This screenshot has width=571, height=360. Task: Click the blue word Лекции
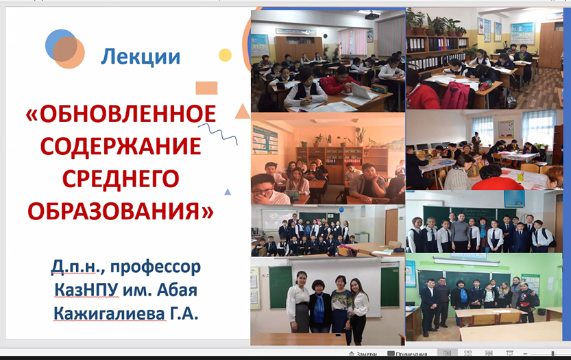point(141,57)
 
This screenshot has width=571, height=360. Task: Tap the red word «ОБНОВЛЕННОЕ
point(121,114)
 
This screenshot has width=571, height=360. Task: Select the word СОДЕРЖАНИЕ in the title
point(121,147)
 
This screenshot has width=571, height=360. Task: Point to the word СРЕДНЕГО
point(121,178)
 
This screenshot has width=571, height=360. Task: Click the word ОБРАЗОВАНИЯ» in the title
point(121,211)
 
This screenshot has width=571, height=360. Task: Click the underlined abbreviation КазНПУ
point(86,290)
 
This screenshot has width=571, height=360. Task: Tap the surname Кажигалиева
point(109,313)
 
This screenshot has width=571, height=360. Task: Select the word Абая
point(177,290)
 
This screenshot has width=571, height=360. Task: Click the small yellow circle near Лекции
point(225,55)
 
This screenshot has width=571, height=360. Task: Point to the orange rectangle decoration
point(206,88)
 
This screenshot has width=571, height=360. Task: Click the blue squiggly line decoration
point(218,134)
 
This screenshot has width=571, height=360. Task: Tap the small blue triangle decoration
point(228,192)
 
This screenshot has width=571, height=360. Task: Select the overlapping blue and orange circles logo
point(65,49)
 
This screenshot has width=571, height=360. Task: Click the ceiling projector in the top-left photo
point(372,16)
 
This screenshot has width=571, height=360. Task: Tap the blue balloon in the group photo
point(341,210)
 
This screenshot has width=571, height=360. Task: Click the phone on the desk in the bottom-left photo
point(337,335)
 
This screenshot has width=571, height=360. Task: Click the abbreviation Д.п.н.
point(78,267)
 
